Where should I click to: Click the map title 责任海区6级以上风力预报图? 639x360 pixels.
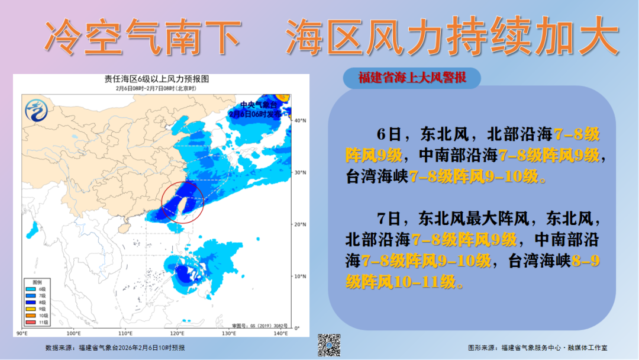(157, 79)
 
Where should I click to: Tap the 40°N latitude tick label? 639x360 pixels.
(301, 121)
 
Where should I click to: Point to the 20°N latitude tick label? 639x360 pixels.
(301, 224)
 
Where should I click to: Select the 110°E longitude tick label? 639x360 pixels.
(125, 333)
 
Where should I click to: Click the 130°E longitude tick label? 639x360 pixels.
(229, 333)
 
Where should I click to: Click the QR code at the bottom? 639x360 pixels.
(330, 345)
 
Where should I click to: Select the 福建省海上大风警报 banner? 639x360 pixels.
(412, 78)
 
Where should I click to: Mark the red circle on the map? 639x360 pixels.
(182, 202)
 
